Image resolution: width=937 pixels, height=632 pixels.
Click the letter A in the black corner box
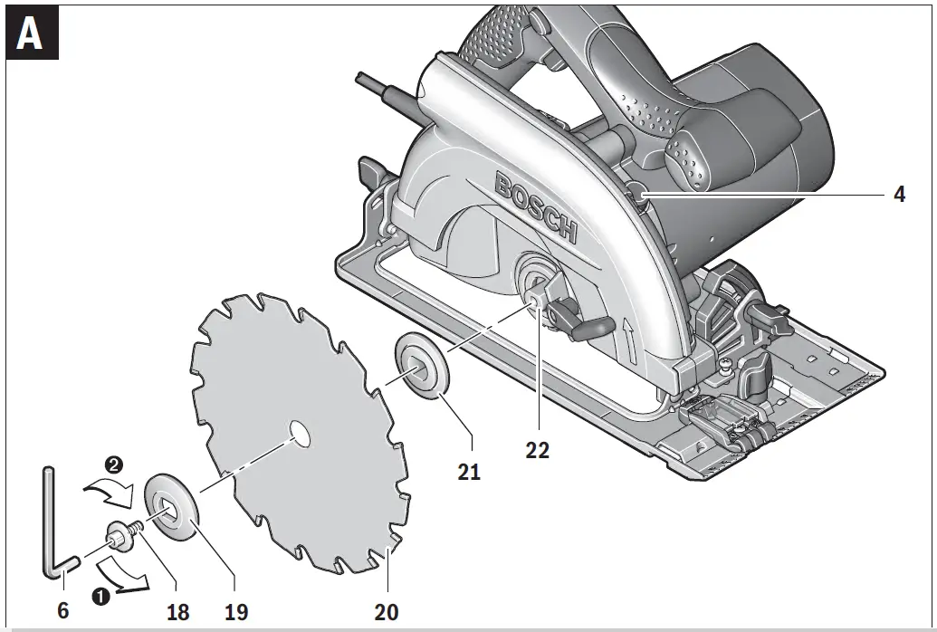coord(31,36)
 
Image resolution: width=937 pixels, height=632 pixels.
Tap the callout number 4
coord(899,195)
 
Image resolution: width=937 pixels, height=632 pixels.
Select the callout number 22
coord(537,450)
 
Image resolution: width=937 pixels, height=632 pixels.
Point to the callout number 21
coord(469,471)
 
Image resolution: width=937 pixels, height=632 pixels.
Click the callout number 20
coord(387,612)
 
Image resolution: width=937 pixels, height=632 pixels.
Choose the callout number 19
coord(237,612)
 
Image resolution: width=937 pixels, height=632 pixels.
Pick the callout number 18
coord(178,612)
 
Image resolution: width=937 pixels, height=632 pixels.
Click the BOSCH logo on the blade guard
coord(535,208)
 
